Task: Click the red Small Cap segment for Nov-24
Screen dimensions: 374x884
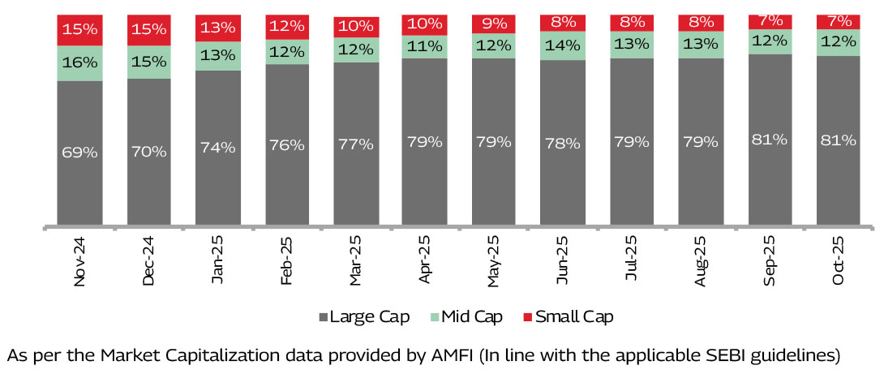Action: tap(79, 30)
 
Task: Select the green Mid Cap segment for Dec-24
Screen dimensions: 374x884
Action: tap(149, 62)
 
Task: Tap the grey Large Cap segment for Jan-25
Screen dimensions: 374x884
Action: tap(218, 148)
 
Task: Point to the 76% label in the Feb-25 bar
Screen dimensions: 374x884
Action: tap(287, 144)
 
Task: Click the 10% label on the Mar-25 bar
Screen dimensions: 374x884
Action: tap(356, 27)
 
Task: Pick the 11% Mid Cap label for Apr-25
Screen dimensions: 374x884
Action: tap(425, 46)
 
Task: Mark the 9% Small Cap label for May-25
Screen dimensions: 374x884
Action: tap(494, 24)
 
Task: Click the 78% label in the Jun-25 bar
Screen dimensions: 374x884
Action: tap(563, 143)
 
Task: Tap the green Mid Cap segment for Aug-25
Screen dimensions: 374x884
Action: tap(701, 45)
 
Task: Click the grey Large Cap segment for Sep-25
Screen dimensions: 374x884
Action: tap(770, 140)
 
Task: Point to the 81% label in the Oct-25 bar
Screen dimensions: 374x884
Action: tap(839, 140)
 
